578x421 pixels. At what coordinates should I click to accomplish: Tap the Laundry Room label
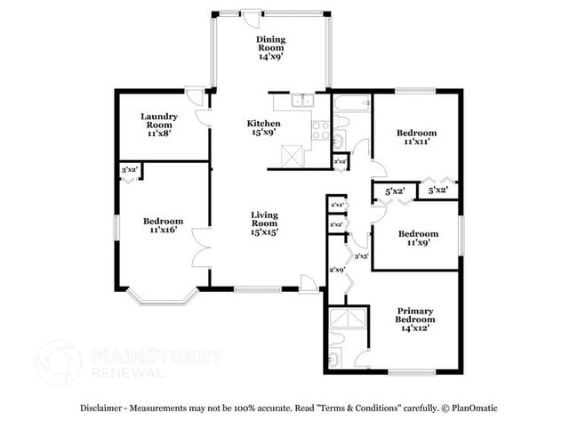160,122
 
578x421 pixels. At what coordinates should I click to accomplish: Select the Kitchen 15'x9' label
263,128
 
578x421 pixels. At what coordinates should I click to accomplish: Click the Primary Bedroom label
415,319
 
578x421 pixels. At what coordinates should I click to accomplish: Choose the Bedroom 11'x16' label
163,225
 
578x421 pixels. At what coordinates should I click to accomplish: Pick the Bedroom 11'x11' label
418,137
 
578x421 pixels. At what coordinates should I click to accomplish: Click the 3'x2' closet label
130,168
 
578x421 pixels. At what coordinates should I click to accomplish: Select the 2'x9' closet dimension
338,270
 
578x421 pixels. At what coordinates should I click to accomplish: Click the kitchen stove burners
320,131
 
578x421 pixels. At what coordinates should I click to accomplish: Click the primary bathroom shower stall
347,319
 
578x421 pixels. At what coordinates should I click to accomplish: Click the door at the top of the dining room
253,19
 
